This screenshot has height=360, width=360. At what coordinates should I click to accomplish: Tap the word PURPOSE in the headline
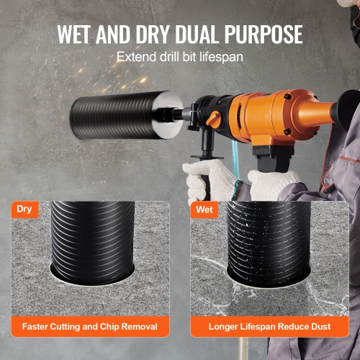pyautogui.click(x=262, y=35)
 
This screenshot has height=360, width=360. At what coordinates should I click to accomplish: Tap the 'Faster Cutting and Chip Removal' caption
pyautogui.click(x=90, y=326)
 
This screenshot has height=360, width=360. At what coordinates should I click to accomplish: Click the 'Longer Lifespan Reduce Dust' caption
pyautogui.click(x=270, y=326)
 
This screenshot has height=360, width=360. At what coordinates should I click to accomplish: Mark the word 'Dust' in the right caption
pyautogui.click(x=319, y=326)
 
